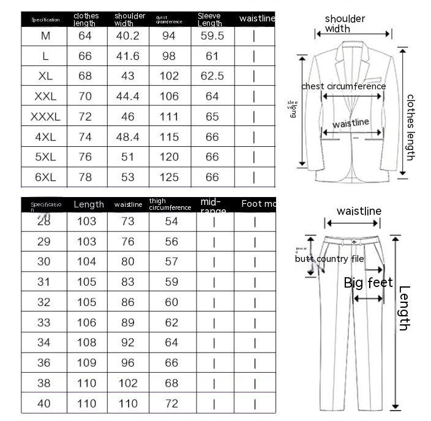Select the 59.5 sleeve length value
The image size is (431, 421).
click(x=212, y=36)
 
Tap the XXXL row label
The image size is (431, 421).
click(x=46, y=116)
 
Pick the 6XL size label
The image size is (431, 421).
click(x=46, y=177)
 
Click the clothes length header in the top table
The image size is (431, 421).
click(x=86, y=19)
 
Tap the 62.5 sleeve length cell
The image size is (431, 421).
click(x=212, y=76)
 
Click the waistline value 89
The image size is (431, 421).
click(x=128, y=322)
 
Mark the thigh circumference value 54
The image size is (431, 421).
click(x=171, y=221)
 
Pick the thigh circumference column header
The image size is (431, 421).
click(x=170, y=204)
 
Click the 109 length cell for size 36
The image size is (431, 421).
click(x=86, y=363)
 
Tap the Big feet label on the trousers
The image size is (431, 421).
click(x=368, y=283)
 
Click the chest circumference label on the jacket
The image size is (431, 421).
click(x=343, y=86)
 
